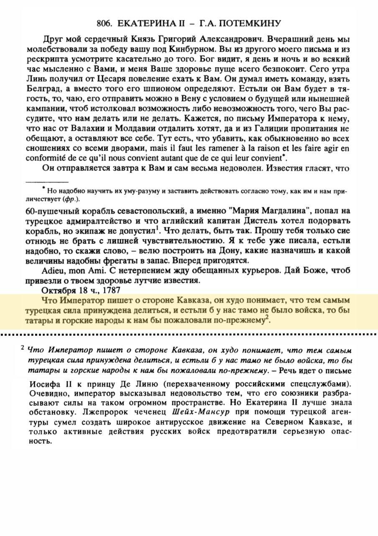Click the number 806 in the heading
(105, 23)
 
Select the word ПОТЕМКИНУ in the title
(252, 23)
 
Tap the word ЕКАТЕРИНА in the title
(148, 23)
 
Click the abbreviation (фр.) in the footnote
(71, 198)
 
